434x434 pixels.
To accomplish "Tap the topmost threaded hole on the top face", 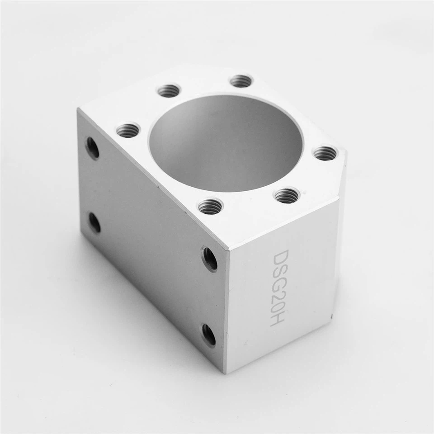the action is (241, 80).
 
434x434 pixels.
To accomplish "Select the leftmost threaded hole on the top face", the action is (128, 130).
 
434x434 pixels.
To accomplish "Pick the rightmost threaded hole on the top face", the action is (326, 152).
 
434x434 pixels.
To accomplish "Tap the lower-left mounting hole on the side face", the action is (94, 222).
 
